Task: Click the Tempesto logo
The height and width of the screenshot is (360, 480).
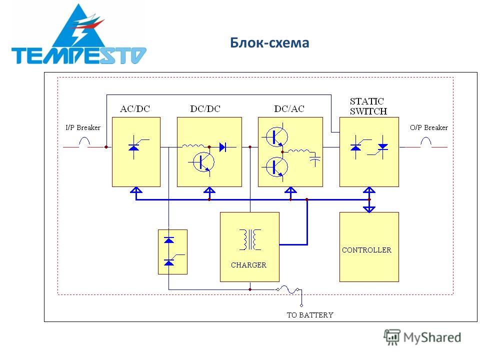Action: point(78,34)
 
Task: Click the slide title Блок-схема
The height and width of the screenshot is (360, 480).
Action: point(269,42)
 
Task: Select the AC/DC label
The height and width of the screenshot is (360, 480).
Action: point(135,108)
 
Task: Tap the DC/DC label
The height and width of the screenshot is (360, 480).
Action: point(205,108)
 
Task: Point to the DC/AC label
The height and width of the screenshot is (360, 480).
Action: point(289,108)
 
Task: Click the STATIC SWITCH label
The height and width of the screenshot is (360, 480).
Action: point(368,106)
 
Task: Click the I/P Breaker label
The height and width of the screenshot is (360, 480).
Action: point(83,127)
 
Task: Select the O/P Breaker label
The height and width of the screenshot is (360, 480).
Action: point(429,127)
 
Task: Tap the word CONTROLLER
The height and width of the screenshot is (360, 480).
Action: point(366,250)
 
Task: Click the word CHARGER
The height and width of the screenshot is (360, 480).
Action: point(248,265)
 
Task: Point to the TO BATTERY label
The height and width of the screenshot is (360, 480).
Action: point(310,315)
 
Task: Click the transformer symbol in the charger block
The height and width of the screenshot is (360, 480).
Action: point(250,239)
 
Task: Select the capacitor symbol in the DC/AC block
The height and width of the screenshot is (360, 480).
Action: point(315,160)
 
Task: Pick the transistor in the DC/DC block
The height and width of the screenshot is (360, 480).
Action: point(202,162)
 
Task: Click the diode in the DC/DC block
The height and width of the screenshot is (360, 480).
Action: point(223,147)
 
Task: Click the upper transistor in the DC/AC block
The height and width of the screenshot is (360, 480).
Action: point(276,136)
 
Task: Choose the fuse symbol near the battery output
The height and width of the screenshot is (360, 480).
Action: point(288,289)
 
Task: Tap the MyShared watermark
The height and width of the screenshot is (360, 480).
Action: point(422,337)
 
